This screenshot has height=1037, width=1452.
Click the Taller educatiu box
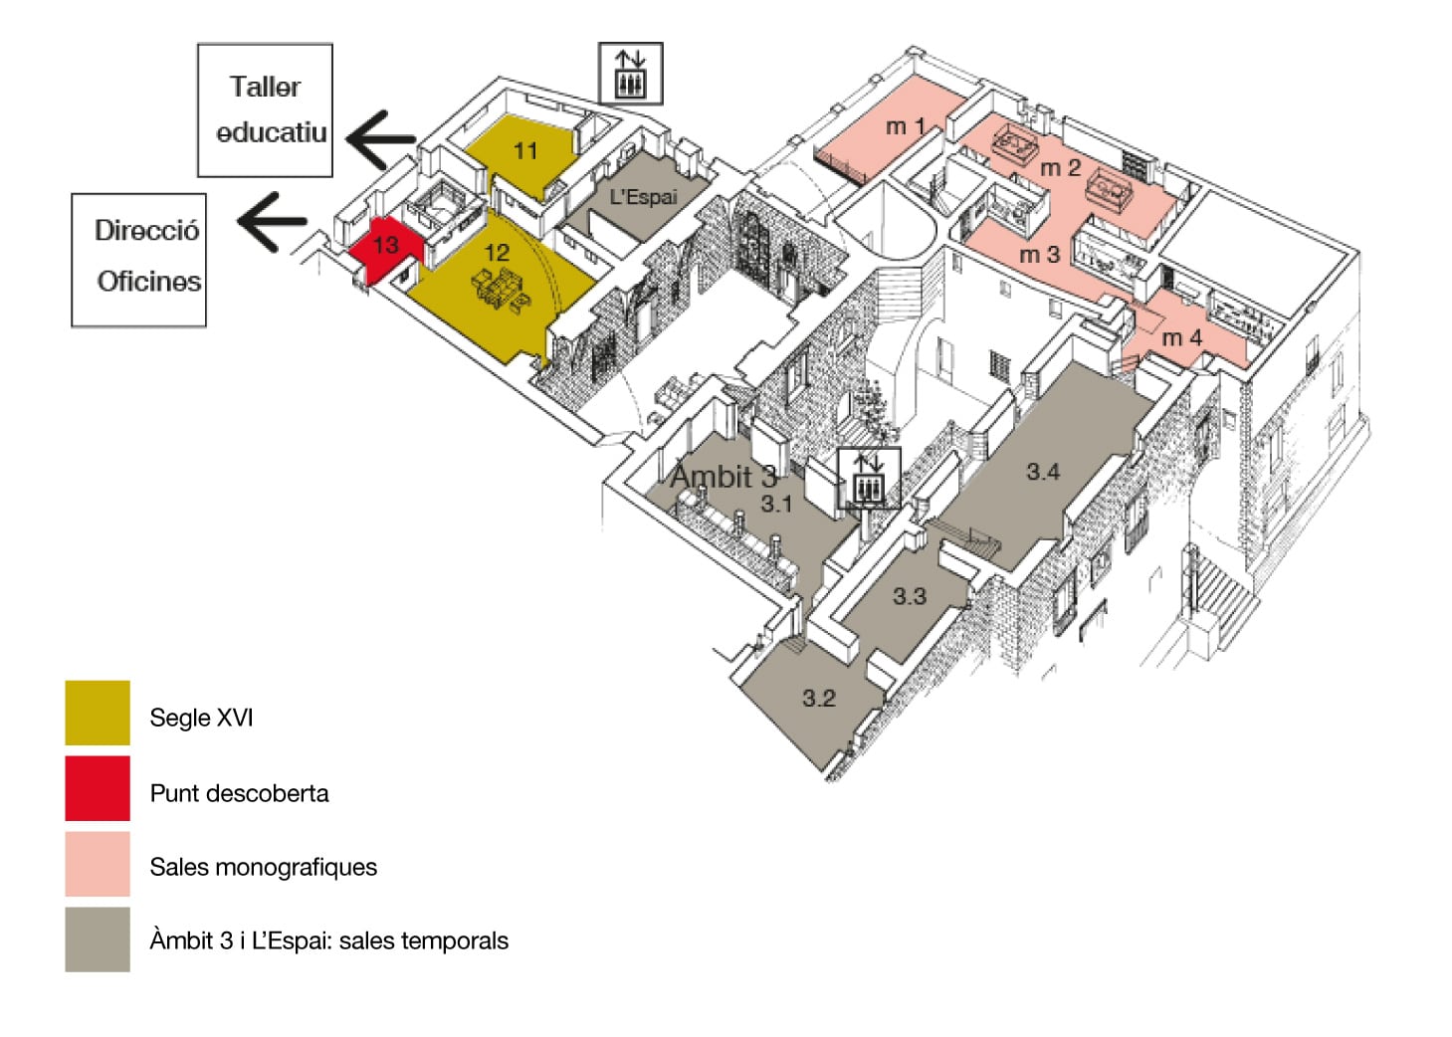point(265,109)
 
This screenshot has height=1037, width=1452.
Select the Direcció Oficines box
point(139,260)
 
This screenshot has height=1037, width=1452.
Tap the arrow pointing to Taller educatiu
point(380,139)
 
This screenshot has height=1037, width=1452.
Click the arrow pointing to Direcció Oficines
point(271,221)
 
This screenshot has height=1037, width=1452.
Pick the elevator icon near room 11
point(630,73)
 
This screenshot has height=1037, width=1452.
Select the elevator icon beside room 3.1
point(869,478)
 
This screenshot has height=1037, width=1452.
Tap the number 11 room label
point(524,151)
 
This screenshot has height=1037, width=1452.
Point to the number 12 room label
point(496,253)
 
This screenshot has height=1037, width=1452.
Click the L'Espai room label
point(643,197)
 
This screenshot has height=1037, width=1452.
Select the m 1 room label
point(906,126)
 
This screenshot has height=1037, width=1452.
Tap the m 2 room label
point(1060,168)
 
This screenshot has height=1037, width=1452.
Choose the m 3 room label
point(1039,256)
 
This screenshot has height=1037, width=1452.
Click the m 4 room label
point(1181,338)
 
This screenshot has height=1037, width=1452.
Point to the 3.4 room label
point(1043,472)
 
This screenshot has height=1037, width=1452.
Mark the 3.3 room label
point(909,596)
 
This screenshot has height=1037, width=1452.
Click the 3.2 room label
point(819,699)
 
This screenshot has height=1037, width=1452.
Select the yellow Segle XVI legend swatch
point(98,713)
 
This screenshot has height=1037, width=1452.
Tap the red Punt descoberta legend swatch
point(98,788)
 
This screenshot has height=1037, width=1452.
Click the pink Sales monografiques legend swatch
point(98,864)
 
